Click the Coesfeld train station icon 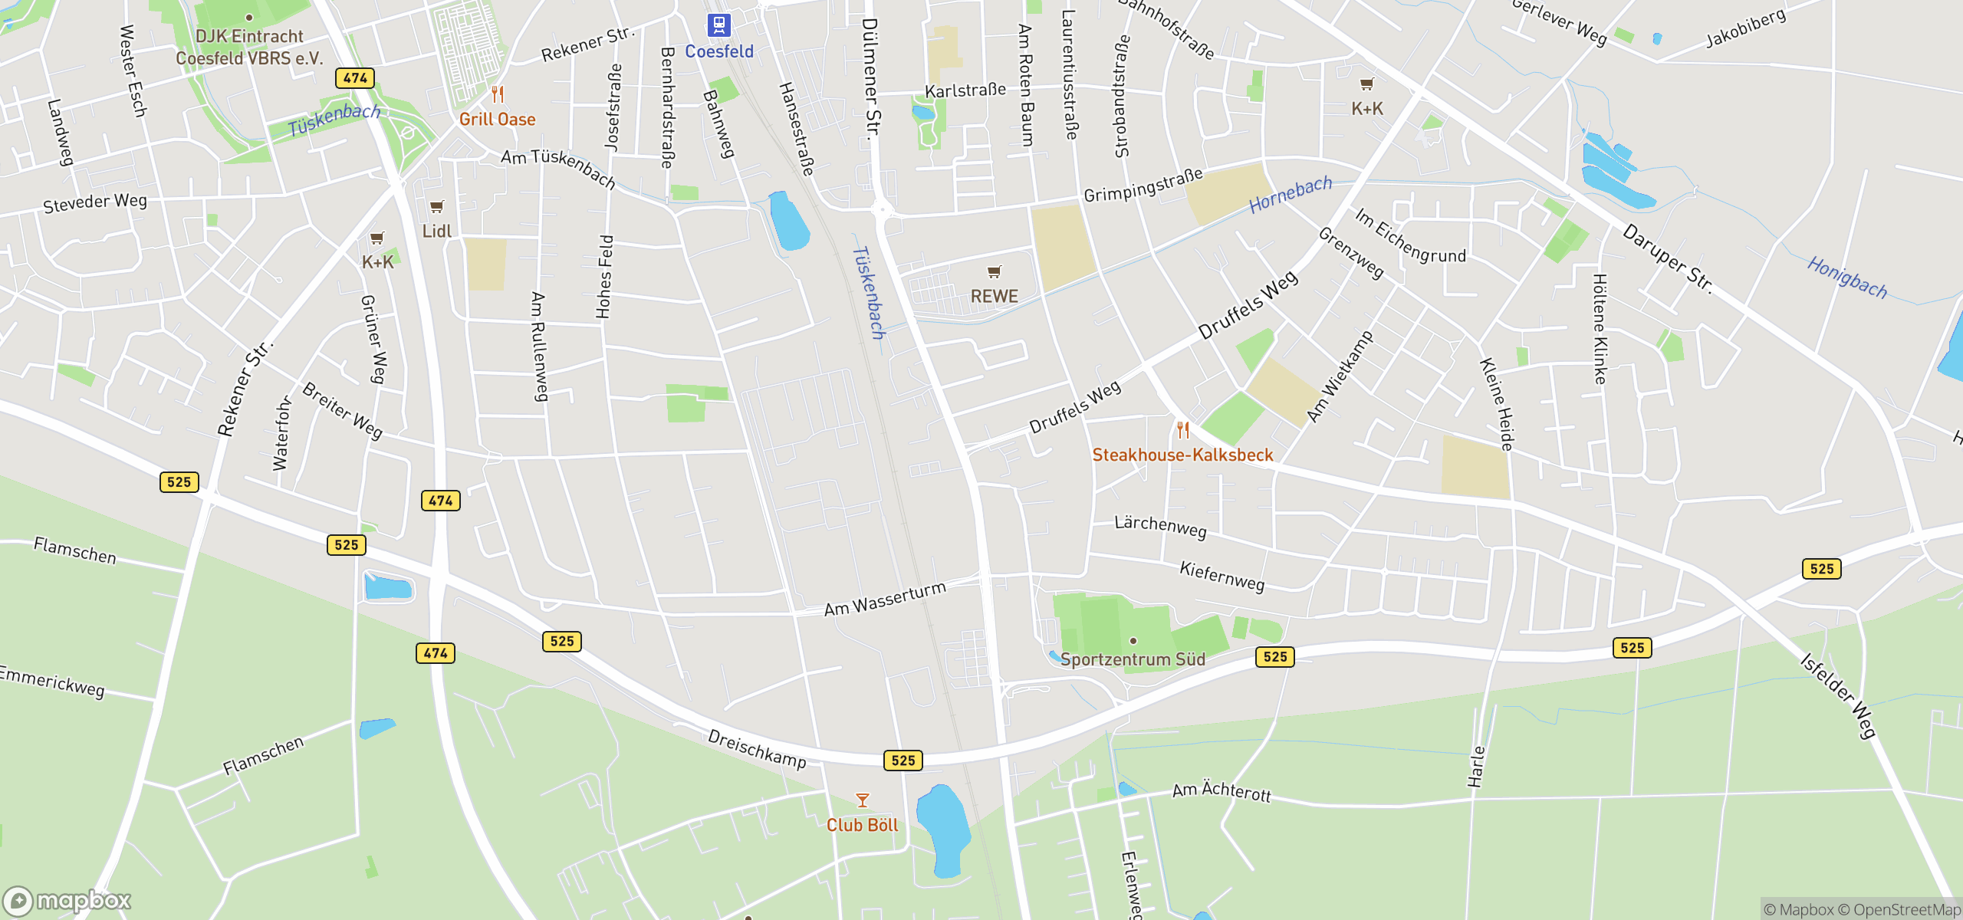pyautogui.click(x=718, y=25)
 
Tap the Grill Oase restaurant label pyautogui.click(x=497, y=120)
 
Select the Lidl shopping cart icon pyautogui.click(x=436, y=207)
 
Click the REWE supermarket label pyautogui.click(x=994, y=296)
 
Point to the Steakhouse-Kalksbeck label pyautogui.click(x=1182, y=455)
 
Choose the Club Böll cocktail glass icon pyautogui.click(x=863, y=801)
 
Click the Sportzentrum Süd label pyautogui.click(x=1133, y=659)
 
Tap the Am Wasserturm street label pyautogui.click(x=885, y=599)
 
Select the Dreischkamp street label pyautogui.click(x=757, y=748)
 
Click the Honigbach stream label pyautogui.click(x=1847, y=278)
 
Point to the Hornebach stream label pyautogui.click(x=1291, y=195)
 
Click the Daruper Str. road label pyautogui.click(x=1668, y=258)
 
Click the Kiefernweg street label pyautogui.click(x=1222, y=576)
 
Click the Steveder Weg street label pyautogui.click(x=95, y=203)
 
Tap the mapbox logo pyautogui.click(x=67, y=900)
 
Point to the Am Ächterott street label pyautogui.click(x=1222, y=791)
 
